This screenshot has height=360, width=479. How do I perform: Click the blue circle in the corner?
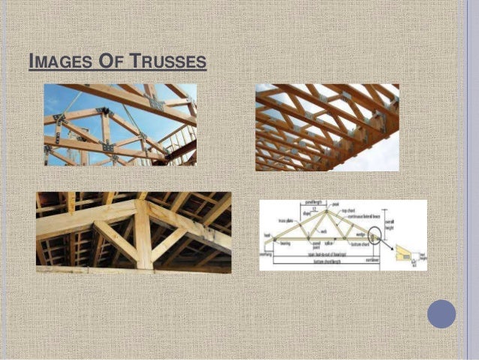[x=441, y=313]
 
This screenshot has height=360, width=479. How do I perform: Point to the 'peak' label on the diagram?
[x=336, y=204]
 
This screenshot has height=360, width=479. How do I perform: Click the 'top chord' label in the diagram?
[x=348, y=210]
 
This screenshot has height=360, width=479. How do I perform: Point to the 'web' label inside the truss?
[x=324, y=231]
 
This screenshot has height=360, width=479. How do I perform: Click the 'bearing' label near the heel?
[x=284, y=244]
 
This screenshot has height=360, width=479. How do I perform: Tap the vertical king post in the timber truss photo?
[x=143, y=233]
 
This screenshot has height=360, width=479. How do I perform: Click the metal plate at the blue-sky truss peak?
[x=103, y=112]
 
